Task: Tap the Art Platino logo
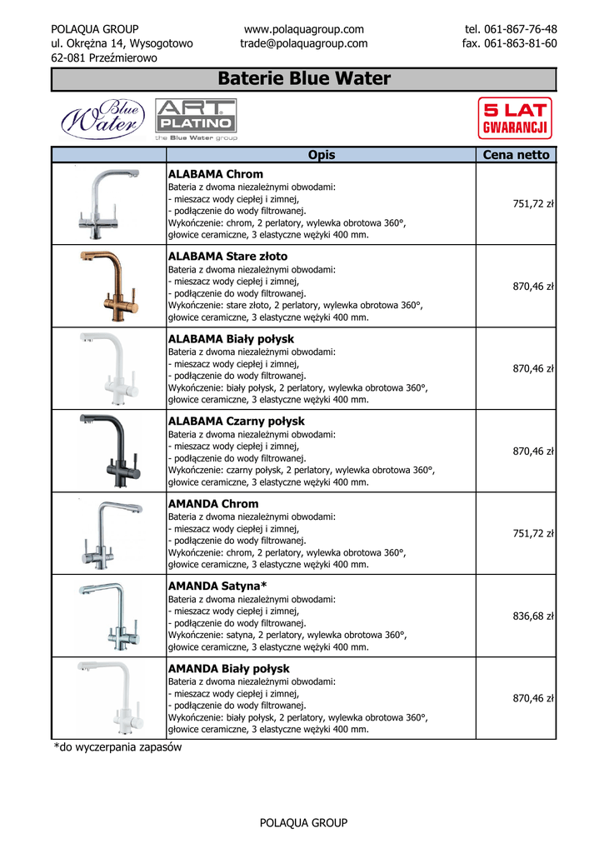click(x=196, y=119)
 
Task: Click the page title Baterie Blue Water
click(x=304, y=79)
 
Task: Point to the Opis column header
click(x=321, y=155)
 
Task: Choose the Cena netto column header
click(x=516, y=155)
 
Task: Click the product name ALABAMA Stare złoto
click(x=227, y=257)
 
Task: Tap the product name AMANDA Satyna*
click(x=217, y=586)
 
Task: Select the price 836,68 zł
click(x=533, y=616)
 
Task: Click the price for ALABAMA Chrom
click(x=533, y=204)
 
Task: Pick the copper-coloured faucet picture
click(x=107, y=286)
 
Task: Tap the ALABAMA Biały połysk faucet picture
click(x=107, y=368)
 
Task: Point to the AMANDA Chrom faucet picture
click(x=107, y=533)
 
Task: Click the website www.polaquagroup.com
click(x=304, y=29)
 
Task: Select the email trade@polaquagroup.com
click(x=304, y=43)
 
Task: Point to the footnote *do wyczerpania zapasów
click(x=117, y=747)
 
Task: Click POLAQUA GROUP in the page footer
click(x=303, y=823)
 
